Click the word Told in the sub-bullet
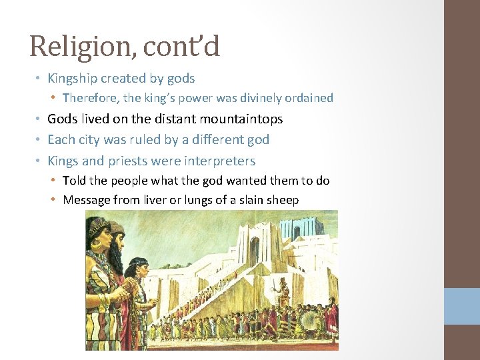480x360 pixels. tap(74, 181)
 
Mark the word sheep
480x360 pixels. tap(282, 200)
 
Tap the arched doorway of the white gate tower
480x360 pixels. tap(255, 250)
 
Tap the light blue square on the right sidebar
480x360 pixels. tap(462, 306)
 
